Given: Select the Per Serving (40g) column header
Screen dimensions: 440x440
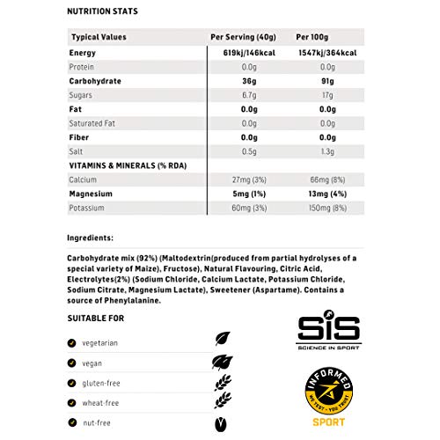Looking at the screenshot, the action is click(x=239, y=37).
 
